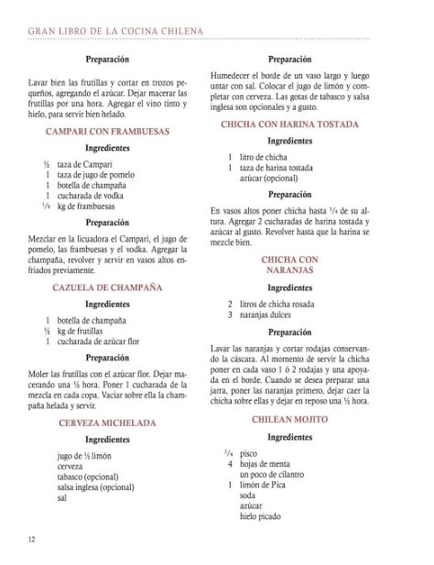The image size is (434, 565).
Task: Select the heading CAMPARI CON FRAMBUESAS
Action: (x=106, y=132)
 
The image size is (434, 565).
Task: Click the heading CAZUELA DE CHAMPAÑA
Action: (x=106, y=287)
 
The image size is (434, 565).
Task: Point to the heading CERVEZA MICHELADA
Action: (x=106, y=424)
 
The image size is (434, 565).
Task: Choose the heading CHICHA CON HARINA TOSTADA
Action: (x=289, y=123)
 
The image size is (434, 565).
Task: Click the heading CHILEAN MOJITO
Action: (x=289, y=418)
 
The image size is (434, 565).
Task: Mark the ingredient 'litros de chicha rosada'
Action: (x=285, y=303)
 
